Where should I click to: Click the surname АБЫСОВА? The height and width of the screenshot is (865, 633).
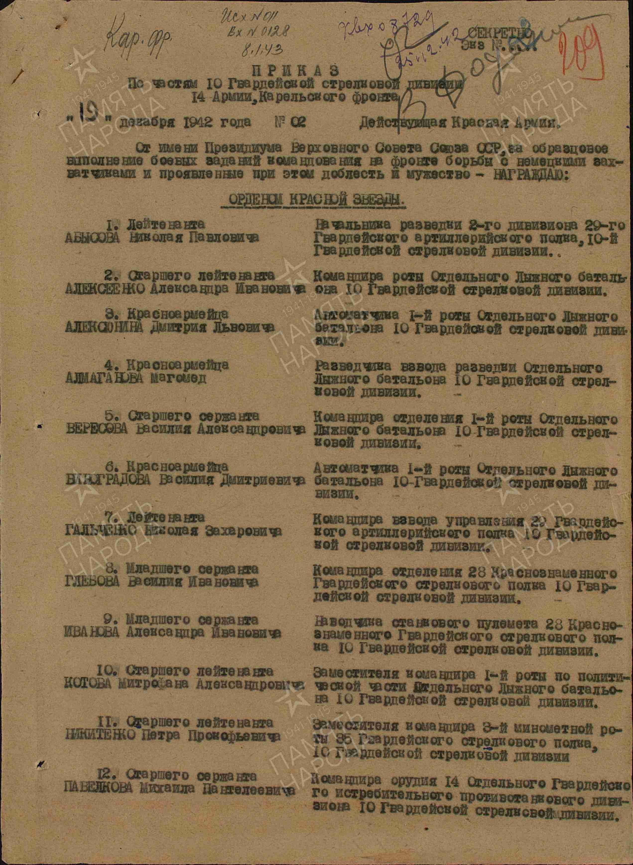(93, 237)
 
